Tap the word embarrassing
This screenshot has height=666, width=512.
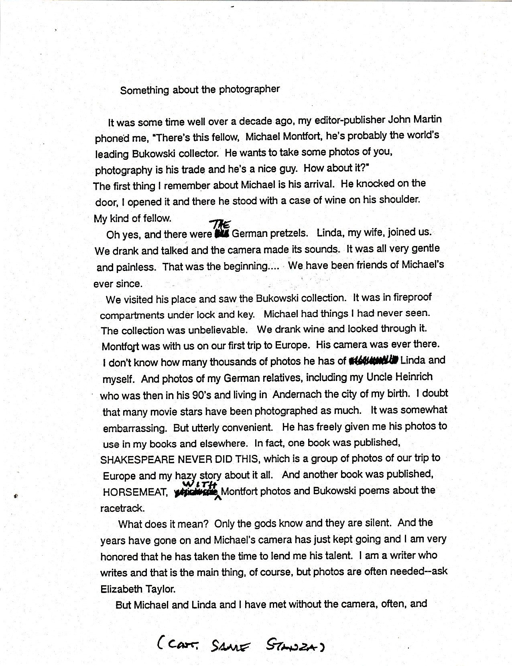tap(134, 428)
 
